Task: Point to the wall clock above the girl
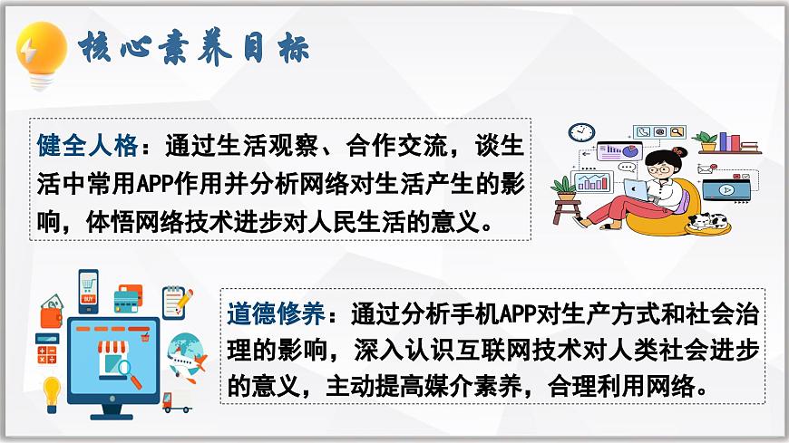(x=580, y=132)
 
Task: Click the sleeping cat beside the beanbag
(x=709, y=222)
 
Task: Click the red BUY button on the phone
(x=89, y=298)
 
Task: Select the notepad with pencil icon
(x=177, y=301)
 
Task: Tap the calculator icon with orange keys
(x=47, y=349)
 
